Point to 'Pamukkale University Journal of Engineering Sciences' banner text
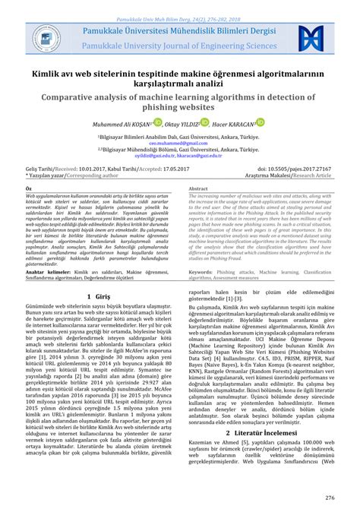click(179, 45)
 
